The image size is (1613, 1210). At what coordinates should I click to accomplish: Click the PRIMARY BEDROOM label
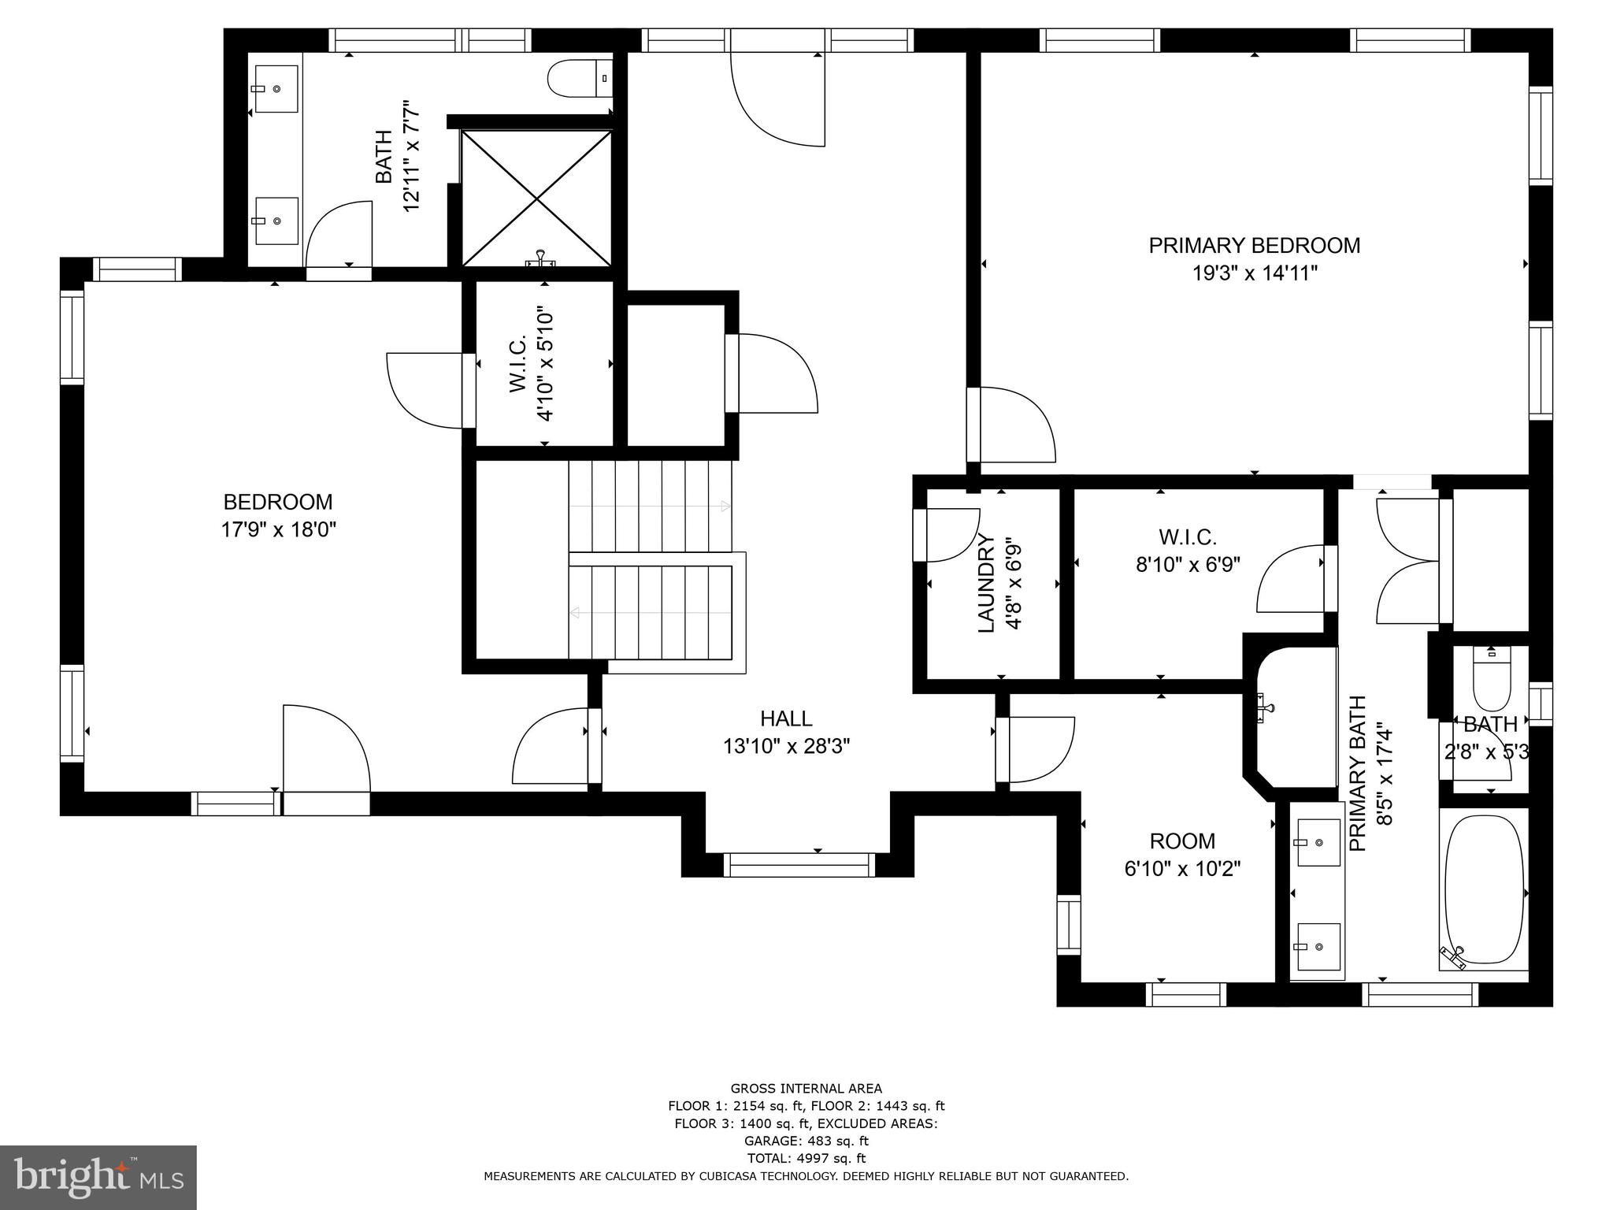[x=1254, y=246]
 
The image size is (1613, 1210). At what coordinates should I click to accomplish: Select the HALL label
[x=786, y=718]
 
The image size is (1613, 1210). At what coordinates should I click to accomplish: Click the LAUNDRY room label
[x=986, y=584]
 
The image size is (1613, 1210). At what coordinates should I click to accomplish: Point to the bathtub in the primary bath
[x=1485, y=890]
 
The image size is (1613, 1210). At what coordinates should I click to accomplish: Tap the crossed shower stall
[x=536, y=198]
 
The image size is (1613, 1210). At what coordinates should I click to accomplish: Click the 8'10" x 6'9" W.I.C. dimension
[x=1188, y=565]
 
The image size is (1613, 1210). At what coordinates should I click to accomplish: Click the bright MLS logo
[x=98, y=1177]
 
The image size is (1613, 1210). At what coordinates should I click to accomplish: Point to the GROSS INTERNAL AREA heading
[x=806, y=1089]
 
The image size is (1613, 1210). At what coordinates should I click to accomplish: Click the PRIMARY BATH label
[x=1358, y=773]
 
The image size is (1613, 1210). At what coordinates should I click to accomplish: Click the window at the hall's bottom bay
[x=799, y=864]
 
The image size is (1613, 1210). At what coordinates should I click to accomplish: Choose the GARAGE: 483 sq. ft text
[x=806, y=1141]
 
